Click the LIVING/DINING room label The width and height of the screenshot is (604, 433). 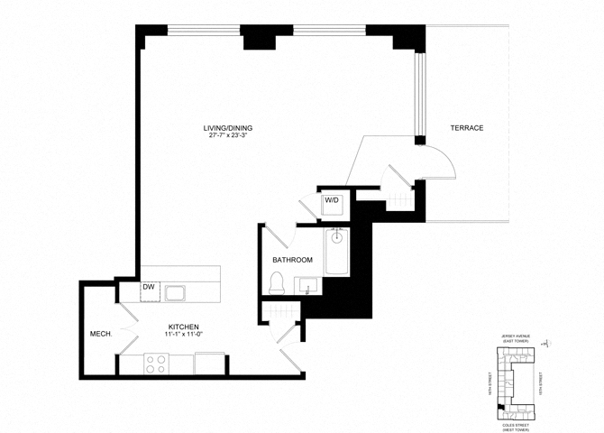coord(228,128)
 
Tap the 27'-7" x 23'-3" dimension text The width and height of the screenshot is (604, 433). coord(228,137)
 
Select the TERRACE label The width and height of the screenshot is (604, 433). coord(467,128)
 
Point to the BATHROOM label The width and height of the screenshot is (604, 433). coord(292,260)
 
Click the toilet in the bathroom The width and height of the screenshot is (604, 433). coord(278,283)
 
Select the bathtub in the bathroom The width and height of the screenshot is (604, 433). coord(336,252)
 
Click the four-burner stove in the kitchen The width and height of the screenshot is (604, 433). coord(155,364)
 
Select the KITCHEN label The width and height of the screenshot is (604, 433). coord(183,327)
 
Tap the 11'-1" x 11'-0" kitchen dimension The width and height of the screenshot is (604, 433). coord(183,336)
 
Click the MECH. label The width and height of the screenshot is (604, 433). coord(100,335)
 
